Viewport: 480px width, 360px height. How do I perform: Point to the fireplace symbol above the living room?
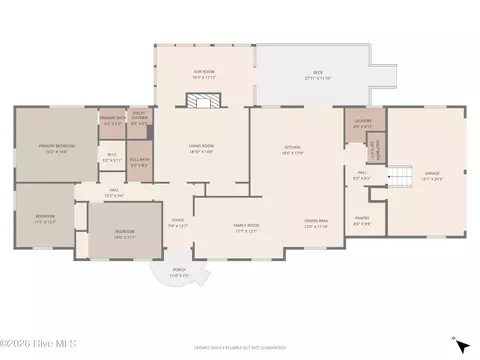point(204,100)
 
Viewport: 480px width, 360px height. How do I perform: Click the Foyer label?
point(177,224)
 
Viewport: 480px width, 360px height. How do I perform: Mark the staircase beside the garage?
point(400,178)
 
